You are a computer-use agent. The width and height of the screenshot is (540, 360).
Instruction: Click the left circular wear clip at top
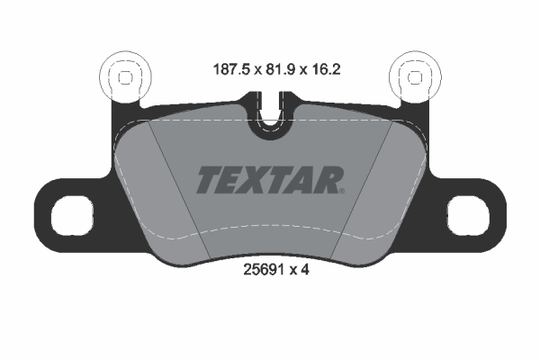[124, 76]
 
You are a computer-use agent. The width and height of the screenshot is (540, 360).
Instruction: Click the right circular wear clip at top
[415, 76]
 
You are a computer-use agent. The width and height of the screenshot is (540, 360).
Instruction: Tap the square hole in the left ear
[69, 214]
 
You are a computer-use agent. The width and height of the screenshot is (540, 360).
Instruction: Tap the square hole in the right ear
[469, 214]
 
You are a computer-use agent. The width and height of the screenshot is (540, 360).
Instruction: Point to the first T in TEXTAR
[207, 179]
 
